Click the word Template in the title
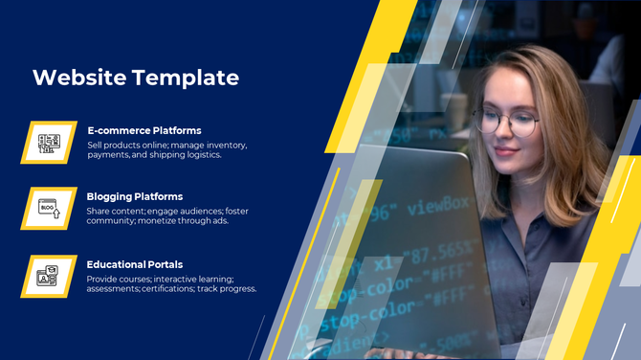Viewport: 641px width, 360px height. click(186, 78)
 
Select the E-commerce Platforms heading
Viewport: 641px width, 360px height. click(144, 130)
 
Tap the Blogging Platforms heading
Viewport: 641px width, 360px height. click(135, 196)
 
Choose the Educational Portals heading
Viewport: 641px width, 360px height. click(135, 264)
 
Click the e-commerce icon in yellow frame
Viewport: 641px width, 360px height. click(49, 143)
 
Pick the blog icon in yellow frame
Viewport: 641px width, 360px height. click(49, 209)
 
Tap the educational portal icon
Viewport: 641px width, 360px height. click(49, 277)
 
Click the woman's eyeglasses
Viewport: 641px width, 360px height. click(506, 123)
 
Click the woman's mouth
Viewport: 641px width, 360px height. click(505, 160)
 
